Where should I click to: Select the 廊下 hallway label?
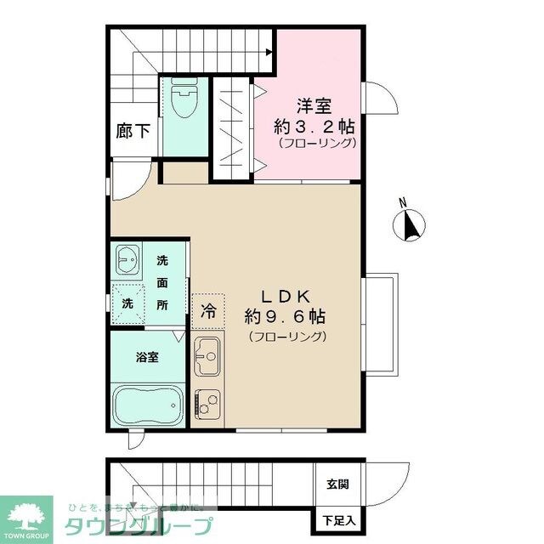(x=133, y=132)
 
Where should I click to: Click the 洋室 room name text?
(x=314, y=107)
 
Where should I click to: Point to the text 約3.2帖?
(x=314, y=126)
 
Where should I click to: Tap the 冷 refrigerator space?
(x=207, y=312)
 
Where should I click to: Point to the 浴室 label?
(x=146, y=357)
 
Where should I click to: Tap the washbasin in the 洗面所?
(x=129, y=259)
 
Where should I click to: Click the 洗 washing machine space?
(x=127, y=303)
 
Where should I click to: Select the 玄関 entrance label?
(x=337, y=485)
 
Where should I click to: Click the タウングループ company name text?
(x=141, y=524)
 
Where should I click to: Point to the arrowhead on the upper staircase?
(x=269, y=52)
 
